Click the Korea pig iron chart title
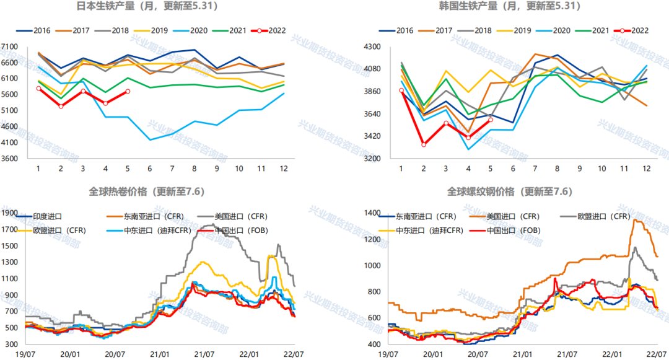508,7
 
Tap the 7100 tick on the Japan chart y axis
9,46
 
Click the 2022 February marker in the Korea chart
424,144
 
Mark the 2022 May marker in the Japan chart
128,91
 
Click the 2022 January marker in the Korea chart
401,90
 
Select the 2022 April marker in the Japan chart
105,103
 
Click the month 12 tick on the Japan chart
284,169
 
